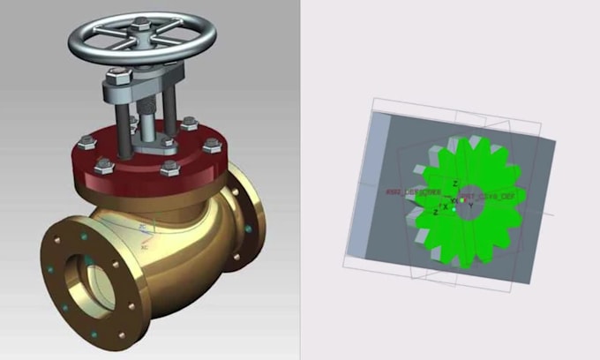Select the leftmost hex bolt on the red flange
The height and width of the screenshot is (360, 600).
86,140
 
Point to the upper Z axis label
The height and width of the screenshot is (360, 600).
455,184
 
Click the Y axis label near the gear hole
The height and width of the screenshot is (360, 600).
470,206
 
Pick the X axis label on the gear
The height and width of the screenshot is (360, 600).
445,206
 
